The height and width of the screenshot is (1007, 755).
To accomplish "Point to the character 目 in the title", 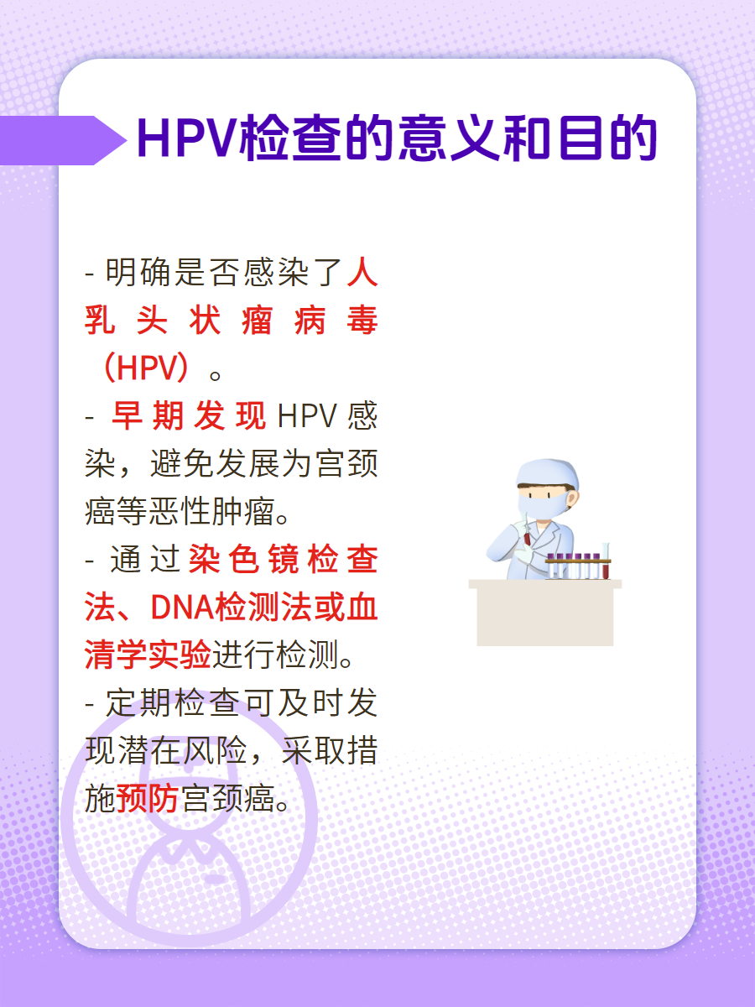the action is (x=581, y=139).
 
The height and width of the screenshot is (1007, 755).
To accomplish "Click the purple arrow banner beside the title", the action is (x=63, y=140).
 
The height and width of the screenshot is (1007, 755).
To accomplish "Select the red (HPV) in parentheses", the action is (x=146, y=367).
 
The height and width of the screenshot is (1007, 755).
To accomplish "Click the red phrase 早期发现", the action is (x=189, y=415).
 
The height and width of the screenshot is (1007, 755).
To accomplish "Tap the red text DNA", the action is (x=182, y=608).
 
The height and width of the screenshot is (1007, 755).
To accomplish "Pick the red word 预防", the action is (x=148, y=799).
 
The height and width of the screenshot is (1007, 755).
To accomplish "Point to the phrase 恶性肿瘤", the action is (x=211, y=511).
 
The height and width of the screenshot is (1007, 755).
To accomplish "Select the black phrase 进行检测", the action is (x=275, y=655).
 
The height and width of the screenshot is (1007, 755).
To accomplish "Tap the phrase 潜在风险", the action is (x=181, y=751).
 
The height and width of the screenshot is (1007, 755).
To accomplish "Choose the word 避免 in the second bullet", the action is (x=182, y=463).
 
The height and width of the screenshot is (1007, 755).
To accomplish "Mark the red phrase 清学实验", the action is (x=148, y=655).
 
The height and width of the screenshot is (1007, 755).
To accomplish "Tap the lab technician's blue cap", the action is (x=547, y=472).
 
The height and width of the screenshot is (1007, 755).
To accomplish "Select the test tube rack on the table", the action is (x=579, y=566).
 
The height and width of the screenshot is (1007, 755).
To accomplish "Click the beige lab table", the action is (x=545, y=613).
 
